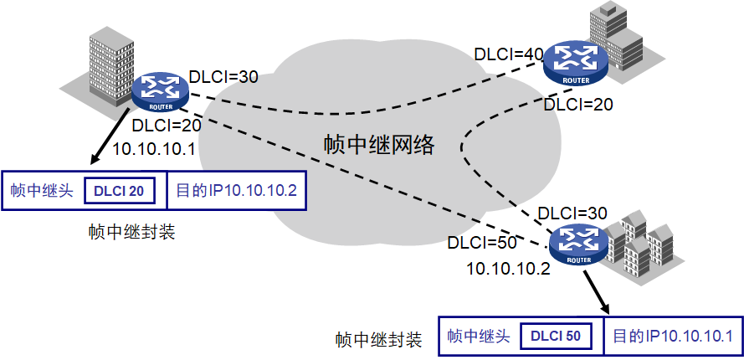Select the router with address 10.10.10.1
(159, 89)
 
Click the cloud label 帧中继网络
(380, 144)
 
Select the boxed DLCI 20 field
(120, 191)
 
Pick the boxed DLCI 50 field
(556, 337)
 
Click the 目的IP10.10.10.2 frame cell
(236, 191)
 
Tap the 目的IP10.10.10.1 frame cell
(673, 337)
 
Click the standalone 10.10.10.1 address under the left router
(154, 149)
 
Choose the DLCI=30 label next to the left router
(223, 76)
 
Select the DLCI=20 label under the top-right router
(578, 105)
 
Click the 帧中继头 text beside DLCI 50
(478, 337)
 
